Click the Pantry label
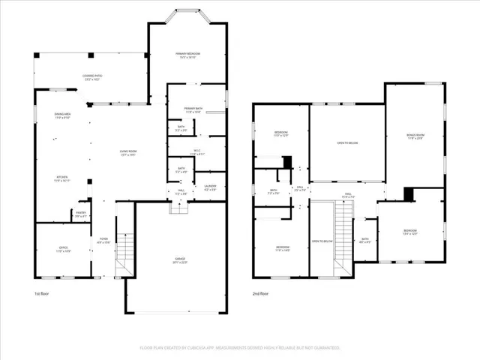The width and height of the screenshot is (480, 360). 80,214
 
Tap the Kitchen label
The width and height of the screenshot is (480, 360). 62,179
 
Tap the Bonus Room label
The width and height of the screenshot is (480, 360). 415,136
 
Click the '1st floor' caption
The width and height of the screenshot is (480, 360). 42,293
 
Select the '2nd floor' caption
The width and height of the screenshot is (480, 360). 259,293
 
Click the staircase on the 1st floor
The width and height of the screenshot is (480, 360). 124,255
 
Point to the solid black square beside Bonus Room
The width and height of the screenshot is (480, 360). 409,194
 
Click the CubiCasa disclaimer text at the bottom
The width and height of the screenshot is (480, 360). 239,348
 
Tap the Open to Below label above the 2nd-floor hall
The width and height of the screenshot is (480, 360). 346,142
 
